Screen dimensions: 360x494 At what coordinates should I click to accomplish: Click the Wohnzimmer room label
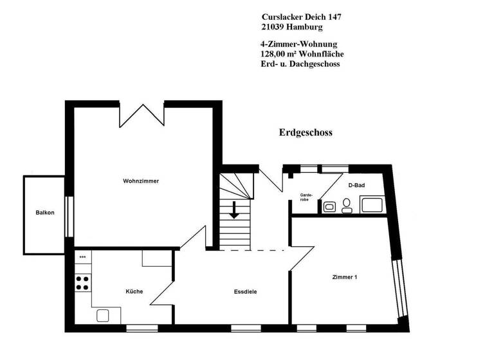[141, 181]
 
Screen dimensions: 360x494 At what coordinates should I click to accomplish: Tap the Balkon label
[44, 212]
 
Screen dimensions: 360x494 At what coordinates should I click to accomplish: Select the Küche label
[134, 291]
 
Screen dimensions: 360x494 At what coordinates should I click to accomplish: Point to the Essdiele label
[246, 291]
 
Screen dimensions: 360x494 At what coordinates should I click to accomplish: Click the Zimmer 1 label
[344, 277]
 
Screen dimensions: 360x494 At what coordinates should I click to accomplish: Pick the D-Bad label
[357, 185]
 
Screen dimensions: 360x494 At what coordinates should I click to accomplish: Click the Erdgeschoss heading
[306, 133]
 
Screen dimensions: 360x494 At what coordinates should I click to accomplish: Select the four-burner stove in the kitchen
[83, 283]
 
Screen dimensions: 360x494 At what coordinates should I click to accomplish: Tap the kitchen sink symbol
[104, 315]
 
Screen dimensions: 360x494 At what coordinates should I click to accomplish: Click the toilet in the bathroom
[347, 204]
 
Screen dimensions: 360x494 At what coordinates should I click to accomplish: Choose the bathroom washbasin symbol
[329, 207]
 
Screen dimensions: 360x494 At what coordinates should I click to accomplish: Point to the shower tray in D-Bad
[372, 205]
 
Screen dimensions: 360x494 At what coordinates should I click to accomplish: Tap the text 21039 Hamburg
[292, 28]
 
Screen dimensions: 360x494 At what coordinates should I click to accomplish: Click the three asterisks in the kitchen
[82, 257]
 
